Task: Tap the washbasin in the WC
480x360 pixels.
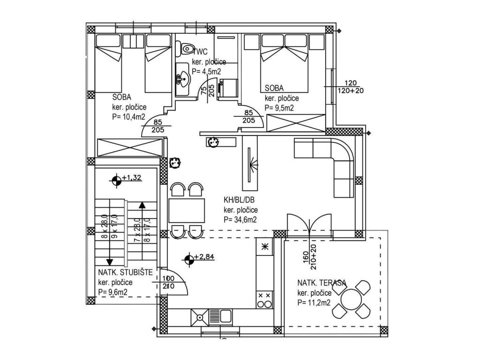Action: [x=183, y=79]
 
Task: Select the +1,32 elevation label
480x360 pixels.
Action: [x=132, y=178]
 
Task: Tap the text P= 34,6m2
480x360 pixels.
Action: [x=240, y=220]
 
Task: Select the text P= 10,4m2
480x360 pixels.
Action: [x=129, y=117]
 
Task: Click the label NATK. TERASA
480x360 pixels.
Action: [x=322, y=283]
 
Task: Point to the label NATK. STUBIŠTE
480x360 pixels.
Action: [x=125, y=272]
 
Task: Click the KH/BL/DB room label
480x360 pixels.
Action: [x=239, y=200]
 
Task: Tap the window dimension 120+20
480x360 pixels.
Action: [x=351, y=90]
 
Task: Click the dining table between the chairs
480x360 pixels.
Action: [x=187, y=210]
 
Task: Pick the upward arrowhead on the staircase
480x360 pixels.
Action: [x=142, y=205]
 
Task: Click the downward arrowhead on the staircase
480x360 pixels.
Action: [x=110, y=262]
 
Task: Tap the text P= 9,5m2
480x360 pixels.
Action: [x=279, y=108]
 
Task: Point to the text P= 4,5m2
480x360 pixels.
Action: [x=206, y=72]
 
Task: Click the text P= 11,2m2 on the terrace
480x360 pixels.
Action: [x=314, y=303]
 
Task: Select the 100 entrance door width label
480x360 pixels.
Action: [x=168, y=279]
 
